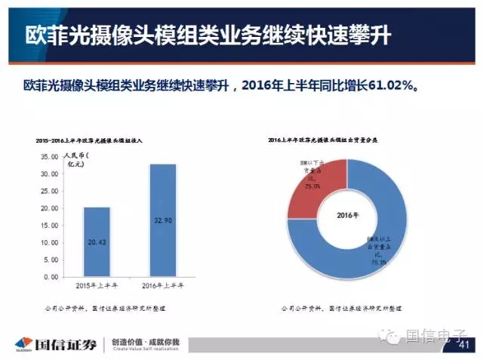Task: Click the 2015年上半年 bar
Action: tap(97, 242)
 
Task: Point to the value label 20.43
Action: tap(97, 243)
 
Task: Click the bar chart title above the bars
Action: tap(94, 140)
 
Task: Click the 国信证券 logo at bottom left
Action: tap(54, 344)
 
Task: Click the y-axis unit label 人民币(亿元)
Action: tap(75, 160)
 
